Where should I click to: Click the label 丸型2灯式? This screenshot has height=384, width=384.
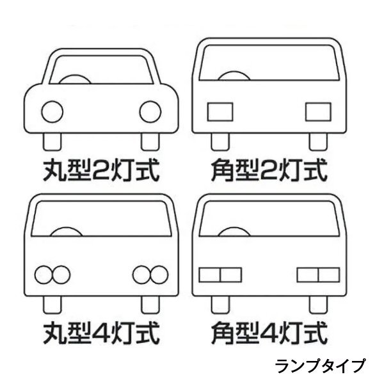pos(101,170)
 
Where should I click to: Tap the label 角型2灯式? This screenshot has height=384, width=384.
pos(269,170)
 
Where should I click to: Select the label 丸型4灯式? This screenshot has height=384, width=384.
pos(101,333)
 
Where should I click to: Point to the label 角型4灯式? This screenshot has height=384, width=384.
pos(269,333)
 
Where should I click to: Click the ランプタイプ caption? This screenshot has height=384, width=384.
pos(320,366)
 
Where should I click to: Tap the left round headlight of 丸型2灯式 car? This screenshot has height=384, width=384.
pos(52,111)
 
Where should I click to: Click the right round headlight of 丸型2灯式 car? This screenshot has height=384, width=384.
pos(150,111)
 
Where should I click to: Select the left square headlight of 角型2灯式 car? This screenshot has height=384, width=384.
pos(220,112)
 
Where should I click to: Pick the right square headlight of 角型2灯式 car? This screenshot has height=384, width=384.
pos(318,112)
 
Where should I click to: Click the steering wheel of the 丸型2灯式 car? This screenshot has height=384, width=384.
pos(75,78)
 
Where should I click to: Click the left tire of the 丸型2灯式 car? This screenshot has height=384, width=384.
pos(52,142)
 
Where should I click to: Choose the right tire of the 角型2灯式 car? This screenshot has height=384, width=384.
pos(318,142)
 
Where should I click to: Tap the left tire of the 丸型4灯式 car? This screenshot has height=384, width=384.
pos(52,305)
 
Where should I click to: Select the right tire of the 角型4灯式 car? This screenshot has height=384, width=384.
pos(318,305)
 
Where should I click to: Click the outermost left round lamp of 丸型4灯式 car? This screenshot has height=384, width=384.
pos(44,275)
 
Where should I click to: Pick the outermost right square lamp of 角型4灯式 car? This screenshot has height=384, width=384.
pos(329,275)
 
